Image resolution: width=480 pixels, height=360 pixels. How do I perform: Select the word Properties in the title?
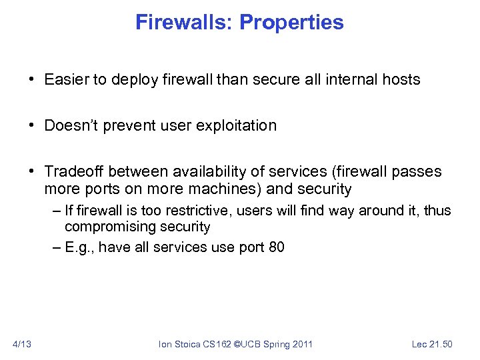click(x=291, y=23)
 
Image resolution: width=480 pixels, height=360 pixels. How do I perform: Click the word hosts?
click(x=400, y=80)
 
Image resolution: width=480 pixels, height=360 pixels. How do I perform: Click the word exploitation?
click(x=237, y=126)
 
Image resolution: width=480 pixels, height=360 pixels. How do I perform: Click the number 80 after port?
click(x=277, y=247)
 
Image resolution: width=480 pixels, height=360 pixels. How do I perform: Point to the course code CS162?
click(x=219, y=344)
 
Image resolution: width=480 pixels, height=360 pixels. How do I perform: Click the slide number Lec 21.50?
click(x=432, y=344)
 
